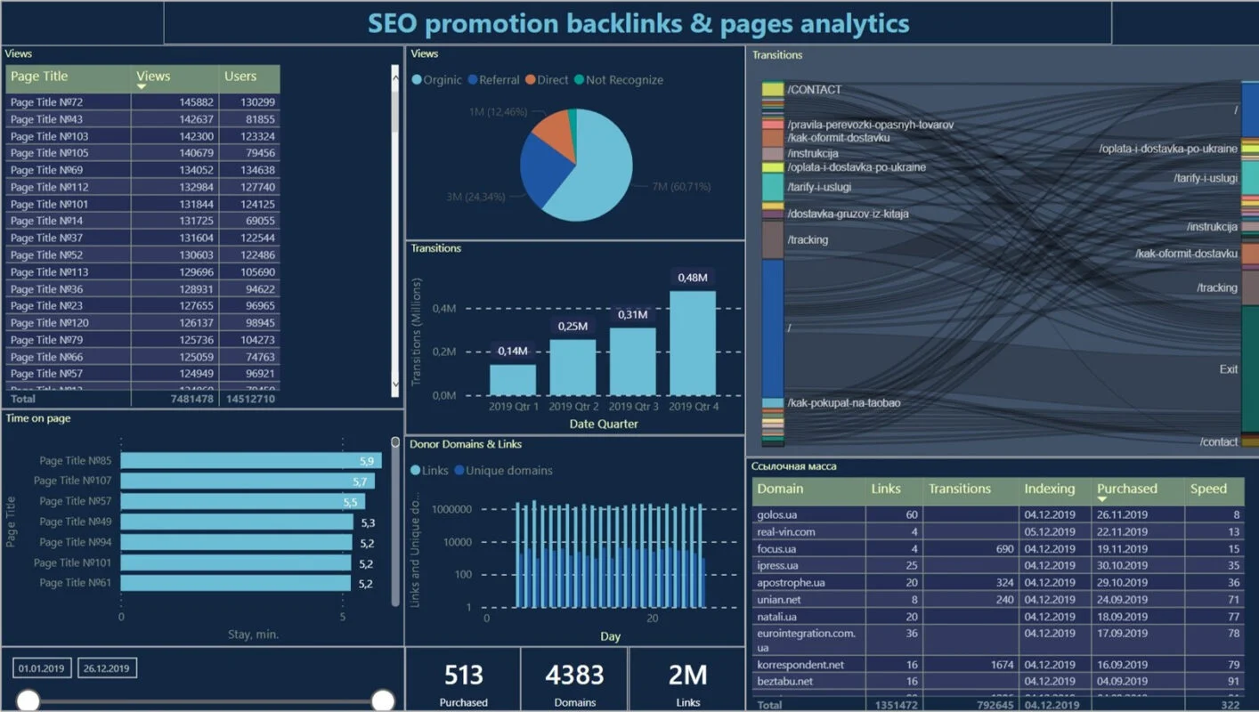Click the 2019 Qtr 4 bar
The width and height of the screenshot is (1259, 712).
(x=693, y=344)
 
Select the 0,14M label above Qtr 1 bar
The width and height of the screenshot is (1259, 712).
(x=512, y=351)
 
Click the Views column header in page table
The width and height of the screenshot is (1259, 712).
(x=153, y=77)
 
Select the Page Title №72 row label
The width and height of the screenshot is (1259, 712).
(x=46, y=102)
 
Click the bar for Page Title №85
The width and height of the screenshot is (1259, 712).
(x=250, y=461)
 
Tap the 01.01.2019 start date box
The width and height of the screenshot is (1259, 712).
(x=42, y=668)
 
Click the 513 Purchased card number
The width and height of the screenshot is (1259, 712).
(x=463, y=676)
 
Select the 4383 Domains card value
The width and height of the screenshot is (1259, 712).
(x=574, y=676)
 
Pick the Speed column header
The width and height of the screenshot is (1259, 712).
(x=1208, y=489)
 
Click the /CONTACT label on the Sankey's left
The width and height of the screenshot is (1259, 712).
(x=814, y=90)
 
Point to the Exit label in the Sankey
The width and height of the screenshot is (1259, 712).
(x=1228, y=369)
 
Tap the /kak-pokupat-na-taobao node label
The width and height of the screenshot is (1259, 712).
(x=843, y=403)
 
